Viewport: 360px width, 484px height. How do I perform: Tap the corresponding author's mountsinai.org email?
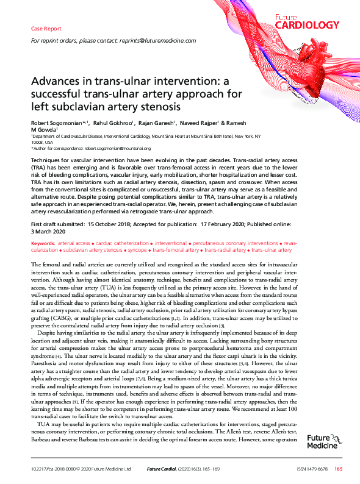(x=118, y=148)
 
